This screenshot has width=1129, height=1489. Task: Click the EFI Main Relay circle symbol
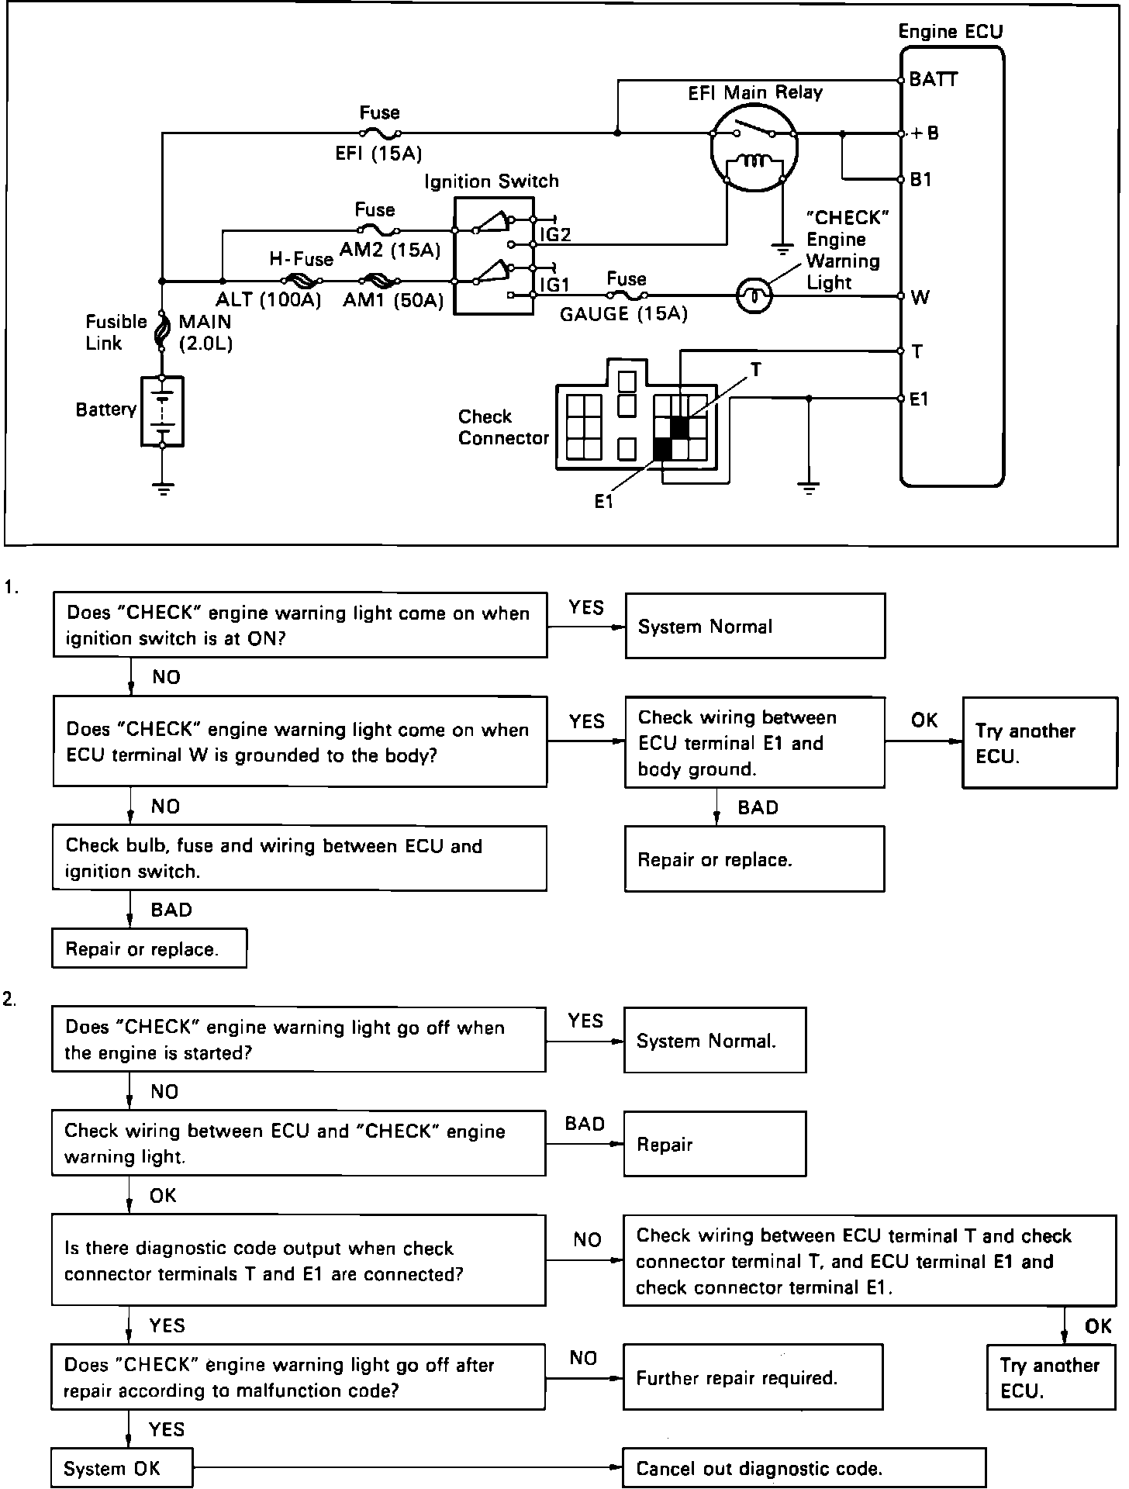pyautogui.click(x=754, y=149)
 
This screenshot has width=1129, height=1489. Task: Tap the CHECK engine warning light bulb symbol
pyautogui.click(x=754, y=295)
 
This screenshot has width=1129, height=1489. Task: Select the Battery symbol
pyautogui.click(x=162, y=411)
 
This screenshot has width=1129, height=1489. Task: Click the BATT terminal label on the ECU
pyautogui.click(x=934, y=79)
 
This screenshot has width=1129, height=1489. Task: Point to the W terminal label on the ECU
pyautogui.click(x=920, y=297)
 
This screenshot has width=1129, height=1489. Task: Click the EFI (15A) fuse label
pyautogui.click(x=378, y=154)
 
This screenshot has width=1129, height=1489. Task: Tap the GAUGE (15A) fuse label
pyautogui.click(x=623, y=314)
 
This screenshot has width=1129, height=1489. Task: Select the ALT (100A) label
pyautogui.click(x=268, y=300)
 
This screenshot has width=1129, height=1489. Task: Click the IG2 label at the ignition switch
pyautogui.click(x=555, y=235)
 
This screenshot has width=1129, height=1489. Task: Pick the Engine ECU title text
pyautogui.click(x=950, y=32)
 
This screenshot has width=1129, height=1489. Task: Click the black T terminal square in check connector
pyautogui.click(x=679, y=427)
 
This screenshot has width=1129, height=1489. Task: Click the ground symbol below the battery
pyautogui.click(x=163, y=489)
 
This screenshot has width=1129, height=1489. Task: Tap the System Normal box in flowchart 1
pyautogui.click(x=754, y=626)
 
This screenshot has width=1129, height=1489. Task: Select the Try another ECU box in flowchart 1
pyautogui.click(x=1039, y=743)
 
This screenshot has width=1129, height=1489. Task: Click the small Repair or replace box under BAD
pyautogui.click(x=149, y=948)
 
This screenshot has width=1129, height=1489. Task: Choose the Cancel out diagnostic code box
pyautogui.click(x=804, y=1468)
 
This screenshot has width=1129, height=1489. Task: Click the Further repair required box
pyautogui.click(x=752, y=1377)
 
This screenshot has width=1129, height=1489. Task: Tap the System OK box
pyautogui.click(x=122, y=1468)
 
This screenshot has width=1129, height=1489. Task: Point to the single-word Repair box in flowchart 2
pyautogui.click(x=714, y=1144)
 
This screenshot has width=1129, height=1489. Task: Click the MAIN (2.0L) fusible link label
pyautogui.click(x=205, y=332)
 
